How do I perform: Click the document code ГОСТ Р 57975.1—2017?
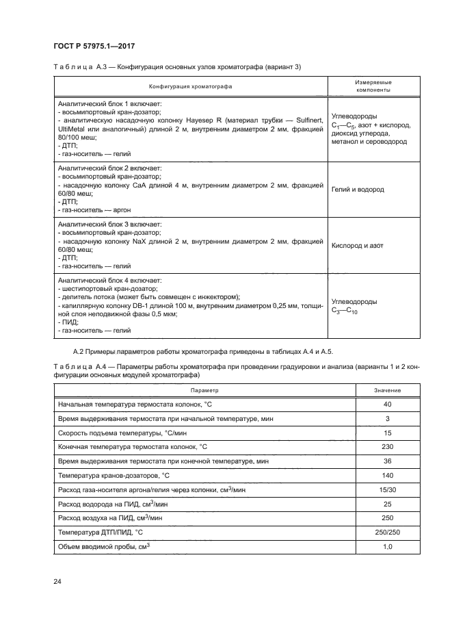click(93, 45)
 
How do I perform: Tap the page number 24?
click(57, 581)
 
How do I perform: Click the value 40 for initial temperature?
click(387, 405)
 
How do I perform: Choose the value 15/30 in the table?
click(387, 491)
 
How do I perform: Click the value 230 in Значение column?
click(387, 448)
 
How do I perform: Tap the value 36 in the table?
click(387, 462)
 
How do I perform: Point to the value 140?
click(387, 476)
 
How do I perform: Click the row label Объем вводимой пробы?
click(104, 548)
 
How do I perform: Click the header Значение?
click(387, 389)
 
